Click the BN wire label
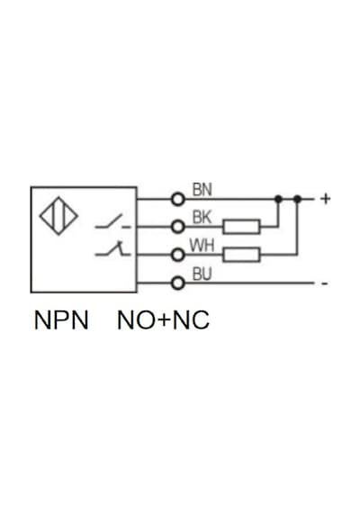coord(202,190)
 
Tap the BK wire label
coord(202,218)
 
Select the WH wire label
coord(202,246)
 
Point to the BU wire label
coord(202,274)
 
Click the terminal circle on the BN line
coord(178,199)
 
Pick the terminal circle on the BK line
coord(178,227)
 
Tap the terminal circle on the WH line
coord(178,255)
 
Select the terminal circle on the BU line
coord(178,283)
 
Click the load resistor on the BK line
coord(241,227)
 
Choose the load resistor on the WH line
coord(241,255)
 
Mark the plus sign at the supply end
coord(325,199)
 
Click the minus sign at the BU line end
coord(324,283)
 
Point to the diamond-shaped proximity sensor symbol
coord(58,216)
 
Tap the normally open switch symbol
coord(112,221)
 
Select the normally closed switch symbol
coord(112,248)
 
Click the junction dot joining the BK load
coord(278,199)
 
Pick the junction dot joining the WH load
coord(297,199)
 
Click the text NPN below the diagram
coord(61,320)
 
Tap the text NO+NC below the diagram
coord(163,320)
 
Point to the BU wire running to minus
coord(249,283)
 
